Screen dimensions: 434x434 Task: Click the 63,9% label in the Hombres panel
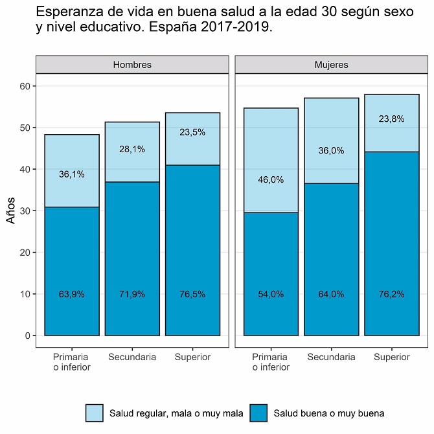pos(72,294)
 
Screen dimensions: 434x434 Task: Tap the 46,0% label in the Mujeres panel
pos(271,180)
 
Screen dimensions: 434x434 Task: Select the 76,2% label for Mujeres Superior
pos(392,294)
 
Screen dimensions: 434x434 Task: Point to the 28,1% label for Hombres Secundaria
pos(132,149)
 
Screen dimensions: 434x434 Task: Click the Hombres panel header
pos(132,65)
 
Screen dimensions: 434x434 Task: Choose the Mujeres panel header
pos(331,65)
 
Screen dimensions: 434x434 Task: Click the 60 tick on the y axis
pos(24,86)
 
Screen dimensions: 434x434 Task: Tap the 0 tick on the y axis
pos(27,336)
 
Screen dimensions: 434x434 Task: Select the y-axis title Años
pos(11,211)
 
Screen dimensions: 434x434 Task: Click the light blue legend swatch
pos(95,413)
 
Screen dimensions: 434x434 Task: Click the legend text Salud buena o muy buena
pos(330,413)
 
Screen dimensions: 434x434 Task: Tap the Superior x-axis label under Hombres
pos(192,357)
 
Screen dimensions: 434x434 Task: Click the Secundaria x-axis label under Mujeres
pos(331,357)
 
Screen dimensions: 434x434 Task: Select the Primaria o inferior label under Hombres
pos(72,362)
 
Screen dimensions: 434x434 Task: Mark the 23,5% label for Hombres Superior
pos(192,132)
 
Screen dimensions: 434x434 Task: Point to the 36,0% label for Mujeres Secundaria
pos(331,150)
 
